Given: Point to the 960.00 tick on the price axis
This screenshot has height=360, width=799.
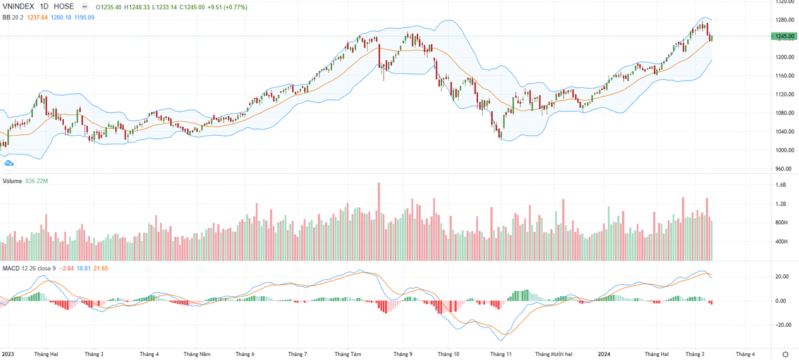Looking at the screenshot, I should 782,169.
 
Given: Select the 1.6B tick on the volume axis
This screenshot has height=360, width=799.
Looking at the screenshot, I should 780,186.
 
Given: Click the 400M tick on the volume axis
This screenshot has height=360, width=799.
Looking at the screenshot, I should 782,242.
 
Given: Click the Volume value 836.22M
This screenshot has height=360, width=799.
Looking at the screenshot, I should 38,181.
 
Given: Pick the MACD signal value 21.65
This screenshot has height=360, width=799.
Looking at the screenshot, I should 101,268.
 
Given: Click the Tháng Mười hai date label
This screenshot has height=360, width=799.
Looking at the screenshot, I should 554,355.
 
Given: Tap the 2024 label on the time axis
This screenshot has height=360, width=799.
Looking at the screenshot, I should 605,355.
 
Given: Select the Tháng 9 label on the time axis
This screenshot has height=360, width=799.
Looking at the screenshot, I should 403,355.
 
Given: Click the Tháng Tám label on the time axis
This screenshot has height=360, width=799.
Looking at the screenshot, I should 348,355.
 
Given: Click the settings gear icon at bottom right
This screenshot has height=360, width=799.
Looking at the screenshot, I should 785,354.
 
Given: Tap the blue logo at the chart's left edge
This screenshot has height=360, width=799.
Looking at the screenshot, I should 9,162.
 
